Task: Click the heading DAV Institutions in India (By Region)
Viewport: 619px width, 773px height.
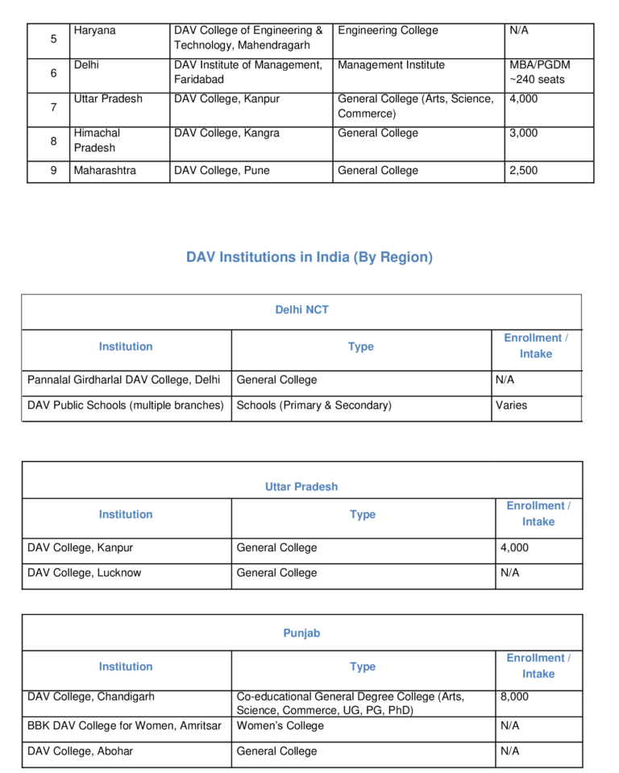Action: (309, 258)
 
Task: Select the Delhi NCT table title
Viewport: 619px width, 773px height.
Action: (301, 310)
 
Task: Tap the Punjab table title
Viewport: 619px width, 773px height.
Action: (301, 634)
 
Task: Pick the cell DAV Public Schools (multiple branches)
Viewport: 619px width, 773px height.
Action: (126, 405)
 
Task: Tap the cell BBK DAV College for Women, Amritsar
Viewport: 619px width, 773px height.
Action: (124, 726)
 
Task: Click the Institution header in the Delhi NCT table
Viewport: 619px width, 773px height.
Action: (126, 347)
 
